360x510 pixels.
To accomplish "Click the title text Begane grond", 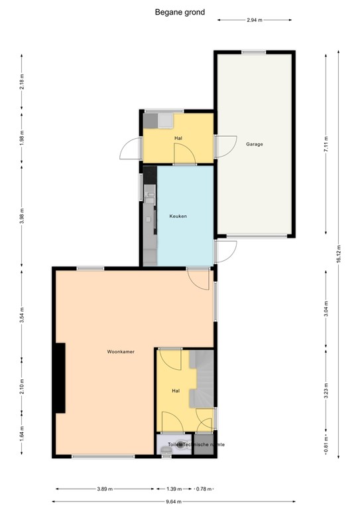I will pyautogui.click(x=180, y=11).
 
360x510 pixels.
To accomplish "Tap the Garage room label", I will pyautogui.click(x=255, y=144).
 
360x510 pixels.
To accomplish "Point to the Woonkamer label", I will pyautogui.click(x=121, y=351).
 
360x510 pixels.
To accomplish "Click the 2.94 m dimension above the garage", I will pyautogui.click(x=255, y=21).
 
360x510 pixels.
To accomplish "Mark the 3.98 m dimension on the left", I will pyautogui.click(x=22, y=216).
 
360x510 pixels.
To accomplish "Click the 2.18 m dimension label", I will pyautogui.click(x=22, y=82).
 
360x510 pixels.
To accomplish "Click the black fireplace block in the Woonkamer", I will pyautogui.click(x=60, y=379).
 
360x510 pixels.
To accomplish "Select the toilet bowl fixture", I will pyautogui.click(x=165, y=450).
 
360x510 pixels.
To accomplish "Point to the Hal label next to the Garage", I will pyautogui.click(x=178, y=138).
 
